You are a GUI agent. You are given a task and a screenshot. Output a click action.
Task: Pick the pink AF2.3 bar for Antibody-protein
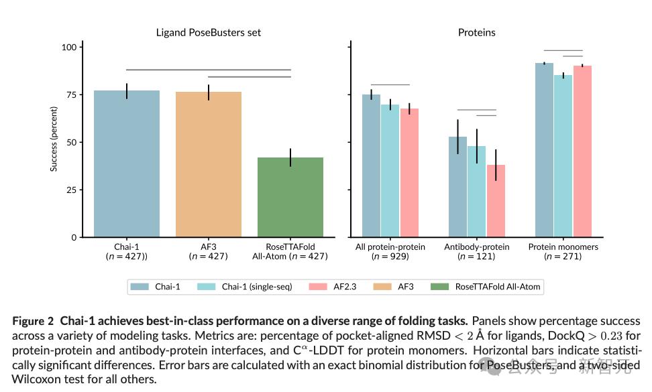click(496, 201)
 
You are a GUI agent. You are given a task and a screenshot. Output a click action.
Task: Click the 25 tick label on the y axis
click(71, 190)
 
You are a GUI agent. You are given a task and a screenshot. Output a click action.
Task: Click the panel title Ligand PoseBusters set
click(208, 32)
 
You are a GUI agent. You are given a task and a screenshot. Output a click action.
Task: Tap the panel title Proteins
click(476, 32)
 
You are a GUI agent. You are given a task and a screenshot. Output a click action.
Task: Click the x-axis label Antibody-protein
click(476, 247)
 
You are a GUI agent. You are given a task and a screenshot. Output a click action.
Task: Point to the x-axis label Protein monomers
click(563, 247)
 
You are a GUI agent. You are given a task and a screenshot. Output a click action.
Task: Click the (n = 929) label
click(390, 257)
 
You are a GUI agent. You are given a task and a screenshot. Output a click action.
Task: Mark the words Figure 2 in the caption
click(32, 322)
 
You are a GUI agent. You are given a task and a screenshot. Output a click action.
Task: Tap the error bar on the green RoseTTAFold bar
click(290, 157)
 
